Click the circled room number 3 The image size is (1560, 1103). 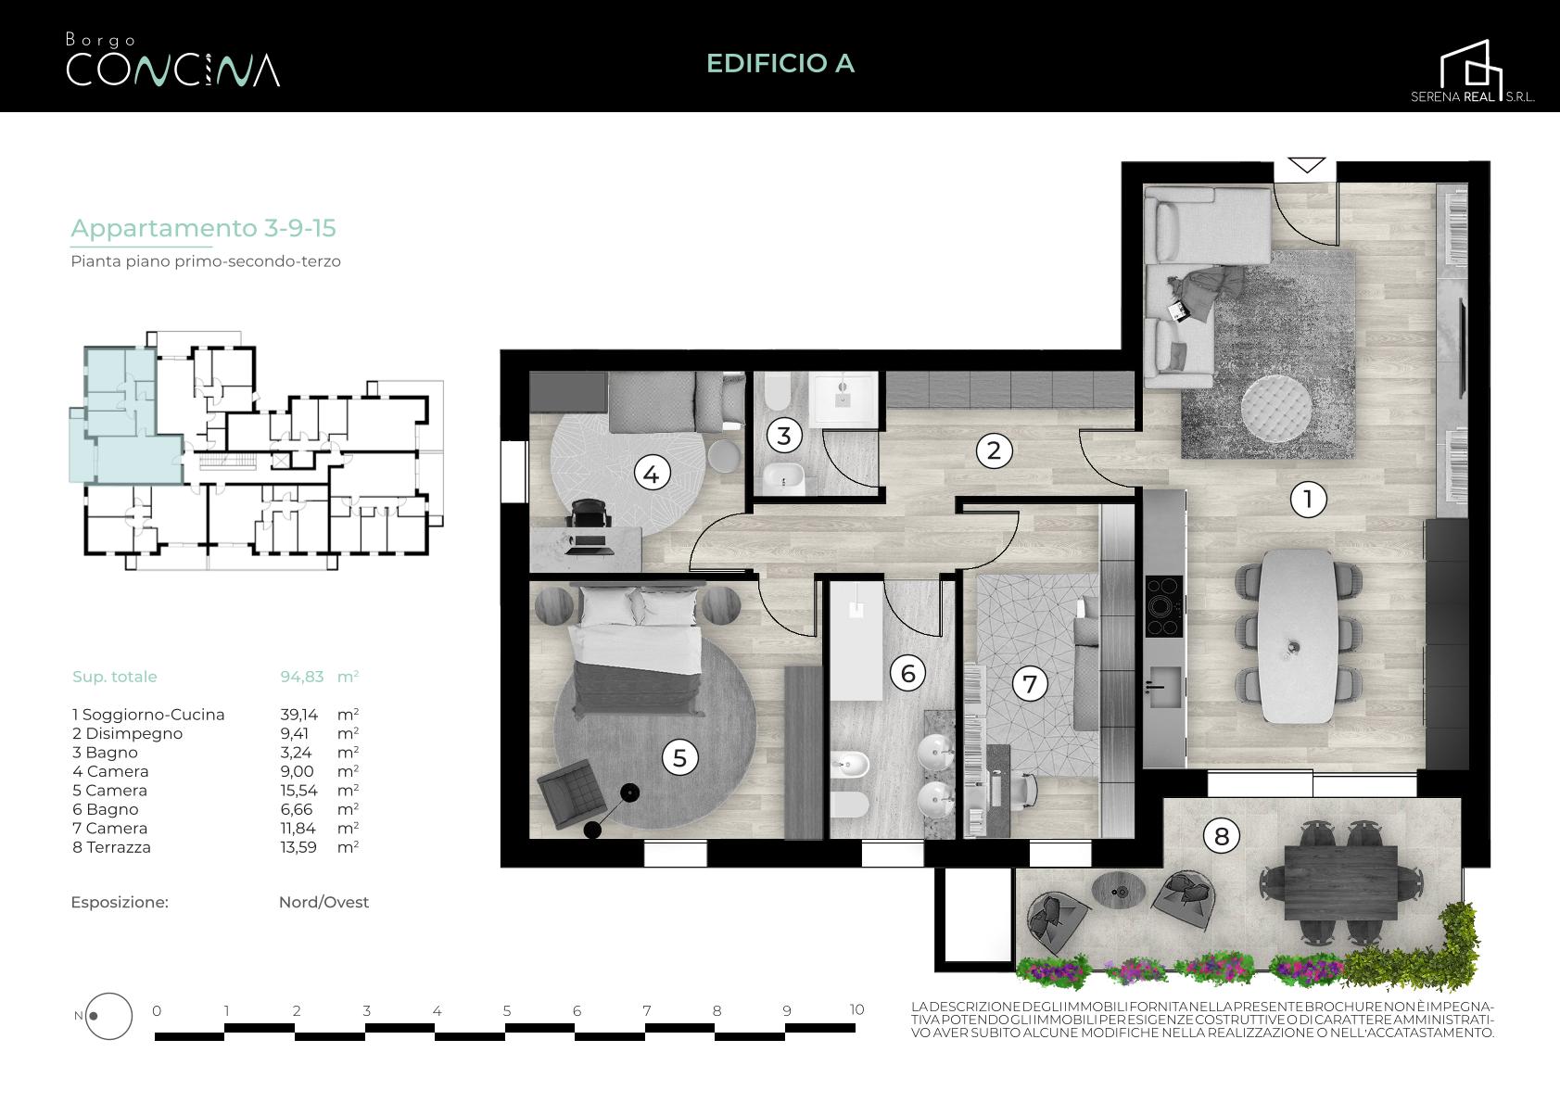click(784, 436)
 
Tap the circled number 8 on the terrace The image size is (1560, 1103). click(1222, 836)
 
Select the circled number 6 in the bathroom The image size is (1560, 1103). click(908, 673)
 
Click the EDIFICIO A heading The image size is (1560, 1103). click(780, 63)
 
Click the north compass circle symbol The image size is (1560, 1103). click(108, 1016)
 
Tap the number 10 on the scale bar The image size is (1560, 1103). click(856, 1009)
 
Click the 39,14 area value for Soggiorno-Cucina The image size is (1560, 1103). click(298, 715)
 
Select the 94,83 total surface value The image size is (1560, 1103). click(301, 676)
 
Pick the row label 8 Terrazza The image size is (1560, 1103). click(111, 847)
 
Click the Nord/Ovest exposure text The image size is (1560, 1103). click(323, 903)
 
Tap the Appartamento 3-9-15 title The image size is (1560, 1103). click(203, 228)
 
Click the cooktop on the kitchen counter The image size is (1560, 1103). click(1163, 606)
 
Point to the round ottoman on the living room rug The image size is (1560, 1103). click(1276, 409)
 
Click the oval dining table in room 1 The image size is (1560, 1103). click(1297, 637)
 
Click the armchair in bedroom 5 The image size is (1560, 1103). click(572, 794)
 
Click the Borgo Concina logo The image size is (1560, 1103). click(172, 60)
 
